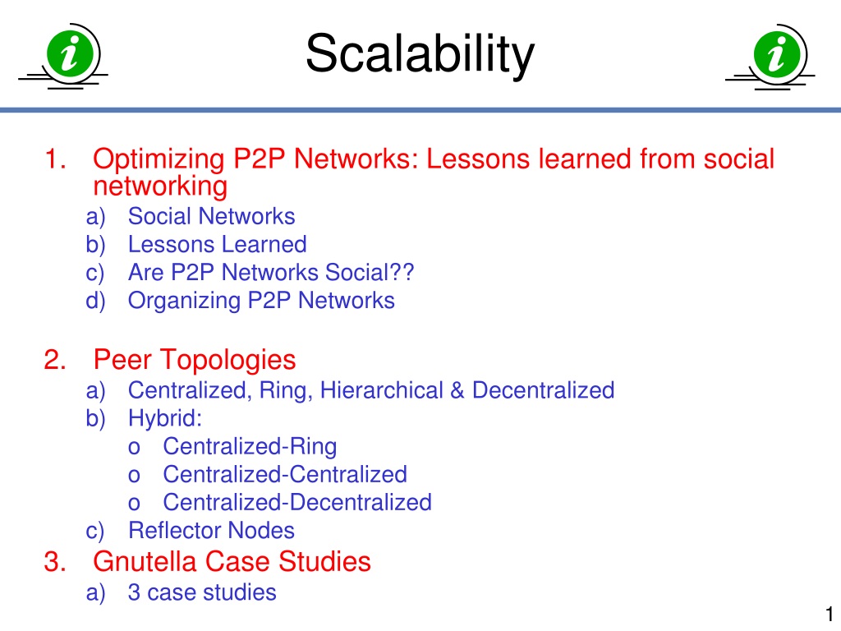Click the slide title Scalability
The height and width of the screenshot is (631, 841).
(x=420, y=53)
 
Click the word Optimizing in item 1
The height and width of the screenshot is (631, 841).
(x=159, y=159)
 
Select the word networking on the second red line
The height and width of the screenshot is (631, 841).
(x=160, y=187)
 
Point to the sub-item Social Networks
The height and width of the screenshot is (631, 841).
(x=211, y=216)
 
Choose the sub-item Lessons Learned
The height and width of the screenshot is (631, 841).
(x=217, y=245)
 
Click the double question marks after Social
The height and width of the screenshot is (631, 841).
(x=402, y=272)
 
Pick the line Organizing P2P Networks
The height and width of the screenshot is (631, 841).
(x=261, y=301)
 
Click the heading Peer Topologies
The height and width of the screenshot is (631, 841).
(x=195, y=360)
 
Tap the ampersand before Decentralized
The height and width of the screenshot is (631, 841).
(x=457, y=390)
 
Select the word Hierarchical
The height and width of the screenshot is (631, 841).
(x=381, y=390)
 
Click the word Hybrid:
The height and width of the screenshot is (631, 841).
(x=165, y=418)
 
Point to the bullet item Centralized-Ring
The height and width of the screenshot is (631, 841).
(x=250, y=447)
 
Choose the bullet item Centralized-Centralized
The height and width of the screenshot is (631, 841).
(x=285, y=475)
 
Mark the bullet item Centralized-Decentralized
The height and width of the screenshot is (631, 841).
(x=297, y=503)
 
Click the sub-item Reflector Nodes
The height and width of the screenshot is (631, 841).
(x=211, y=531)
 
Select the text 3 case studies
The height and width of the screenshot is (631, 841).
(x=202, y=593)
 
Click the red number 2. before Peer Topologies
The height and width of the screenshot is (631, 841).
(x=55, y=360)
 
